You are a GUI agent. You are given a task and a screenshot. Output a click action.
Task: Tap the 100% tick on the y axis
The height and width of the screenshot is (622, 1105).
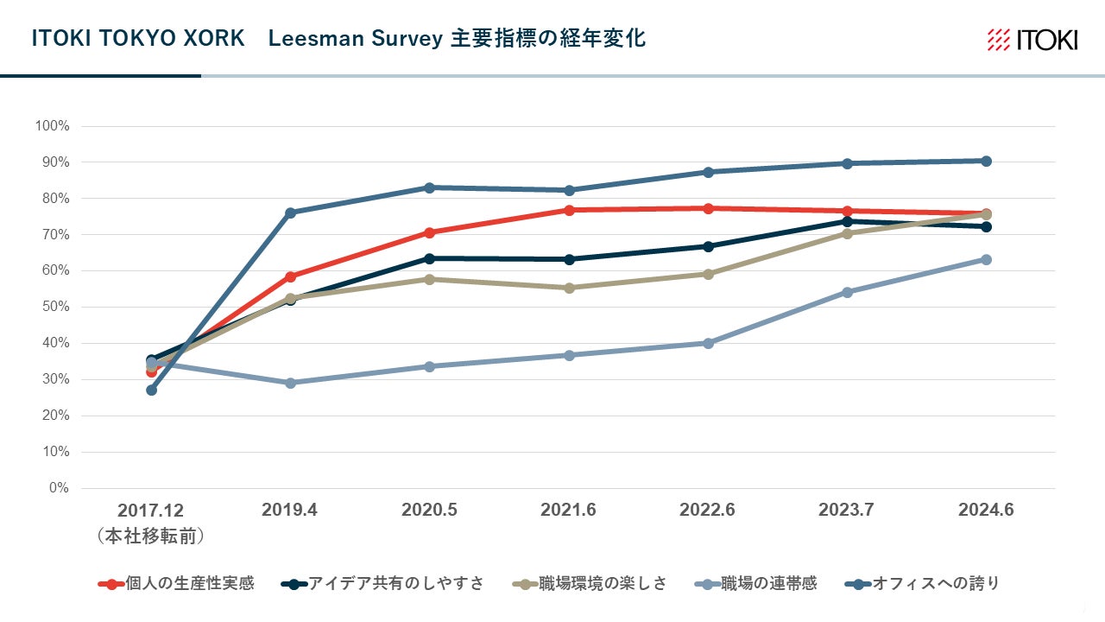[x=52, y=126]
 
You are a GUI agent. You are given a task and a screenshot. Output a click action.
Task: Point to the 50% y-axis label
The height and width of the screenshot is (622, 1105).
[x=54, y=307]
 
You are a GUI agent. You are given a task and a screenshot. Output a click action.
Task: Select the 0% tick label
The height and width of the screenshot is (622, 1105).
[x=58, y=488]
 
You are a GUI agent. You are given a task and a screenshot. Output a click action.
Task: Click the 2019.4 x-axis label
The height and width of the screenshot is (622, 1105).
[x=289, y=511]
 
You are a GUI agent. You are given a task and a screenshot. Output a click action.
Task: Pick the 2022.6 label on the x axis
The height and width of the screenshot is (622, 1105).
[x=707, y=511]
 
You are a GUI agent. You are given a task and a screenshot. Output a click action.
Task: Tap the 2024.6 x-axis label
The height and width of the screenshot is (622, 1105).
[x=986, y=511]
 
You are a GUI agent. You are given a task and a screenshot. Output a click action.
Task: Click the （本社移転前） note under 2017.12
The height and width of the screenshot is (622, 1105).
[x=151, y=536]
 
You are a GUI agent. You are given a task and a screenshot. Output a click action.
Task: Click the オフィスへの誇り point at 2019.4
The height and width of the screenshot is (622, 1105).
[x=290, y=213]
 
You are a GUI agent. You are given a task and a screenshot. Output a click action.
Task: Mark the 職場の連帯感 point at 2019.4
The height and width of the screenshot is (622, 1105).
[x=290, y=383]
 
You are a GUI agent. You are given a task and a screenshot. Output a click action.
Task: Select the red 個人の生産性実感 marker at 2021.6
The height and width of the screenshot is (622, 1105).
[x=569, y=210]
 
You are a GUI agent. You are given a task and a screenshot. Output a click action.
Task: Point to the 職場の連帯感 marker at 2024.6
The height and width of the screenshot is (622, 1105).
[x=986, y=259]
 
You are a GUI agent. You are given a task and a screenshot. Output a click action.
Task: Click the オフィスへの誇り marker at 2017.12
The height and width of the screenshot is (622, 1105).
[x=151, y=390]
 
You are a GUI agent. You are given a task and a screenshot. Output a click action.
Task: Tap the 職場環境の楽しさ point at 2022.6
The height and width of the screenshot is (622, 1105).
[x=708, y=274]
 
